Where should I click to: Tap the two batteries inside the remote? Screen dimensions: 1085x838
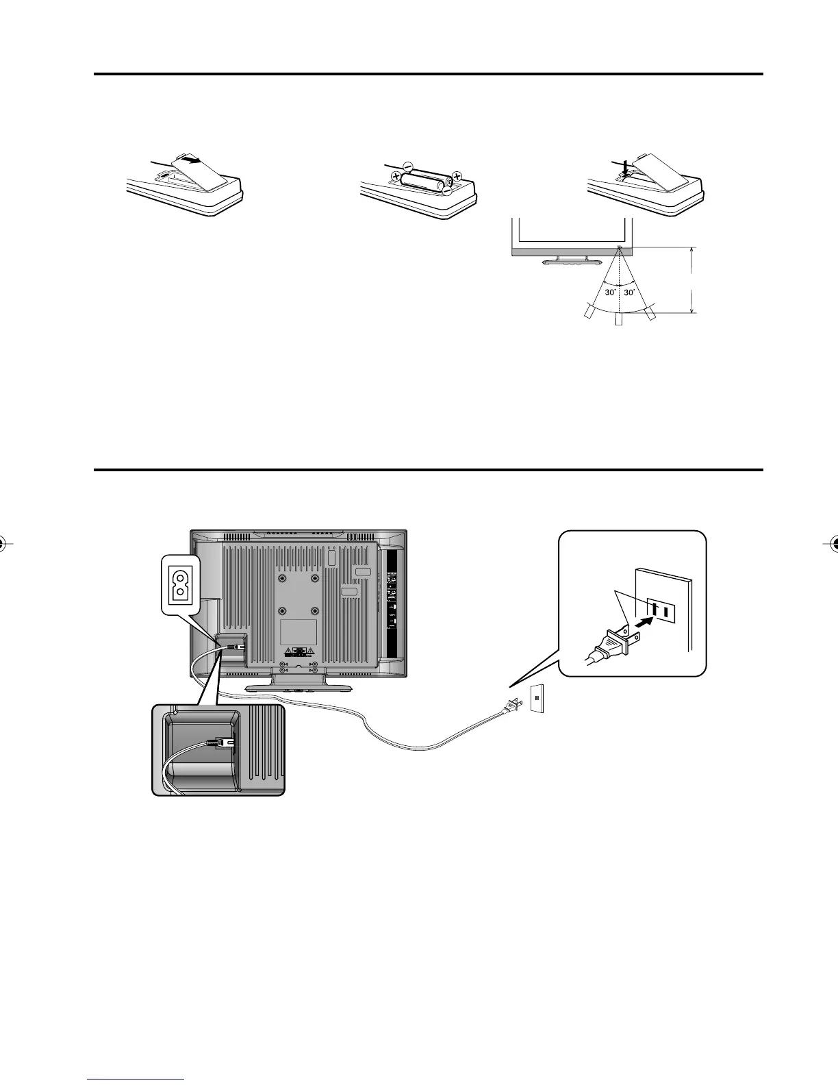[424, 181]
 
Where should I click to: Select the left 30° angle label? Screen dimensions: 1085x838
[609, 292]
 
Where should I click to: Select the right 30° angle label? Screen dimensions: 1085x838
[631, 292]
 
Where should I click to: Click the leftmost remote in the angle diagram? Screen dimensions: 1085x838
[589, 313]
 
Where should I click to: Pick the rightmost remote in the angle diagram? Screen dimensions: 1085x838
[650, 312]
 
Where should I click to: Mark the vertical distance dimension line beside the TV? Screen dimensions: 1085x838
[694, 280]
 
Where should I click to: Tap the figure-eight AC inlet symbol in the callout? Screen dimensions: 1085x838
[179, 583]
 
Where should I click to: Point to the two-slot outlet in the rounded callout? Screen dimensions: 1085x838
[661, 608]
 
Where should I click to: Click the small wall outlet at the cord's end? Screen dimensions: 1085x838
[537, 699]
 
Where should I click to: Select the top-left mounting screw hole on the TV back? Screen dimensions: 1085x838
[282, 579]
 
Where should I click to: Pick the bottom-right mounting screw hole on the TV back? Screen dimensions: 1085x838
[315, 610]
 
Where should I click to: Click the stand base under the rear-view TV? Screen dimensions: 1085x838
[298, 686]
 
